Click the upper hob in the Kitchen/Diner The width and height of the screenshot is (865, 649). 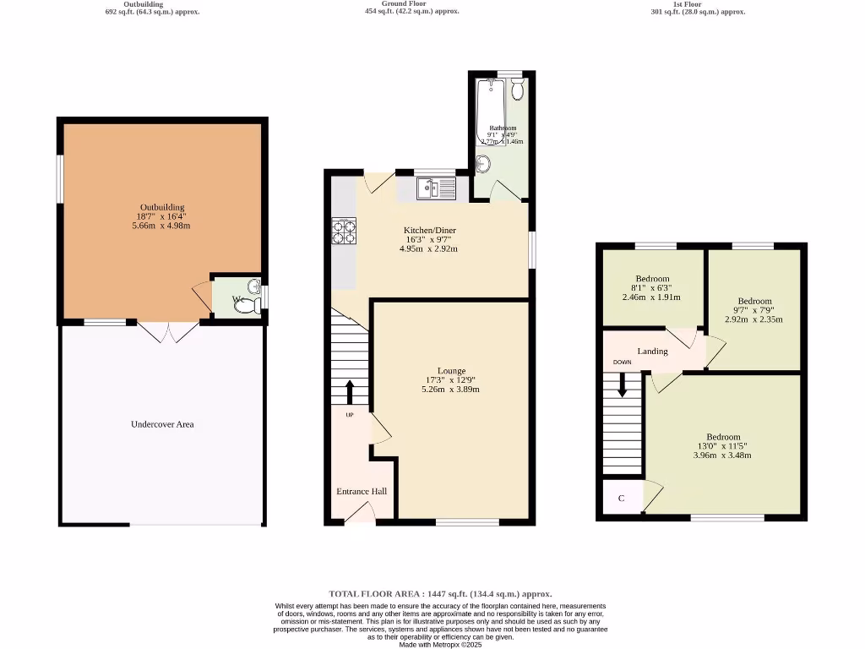click(344, 224)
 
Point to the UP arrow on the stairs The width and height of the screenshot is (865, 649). click(349, 393)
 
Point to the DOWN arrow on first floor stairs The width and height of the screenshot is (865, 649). click(623, 384)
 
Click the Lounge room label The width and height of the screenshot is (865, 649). click(452, 371)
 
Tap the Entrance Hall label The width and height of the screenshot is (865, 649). click(362, 491)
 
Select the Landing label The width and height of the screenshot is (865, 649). click(652, 351)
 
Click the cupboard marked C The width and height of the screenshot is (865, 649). click(621, 498)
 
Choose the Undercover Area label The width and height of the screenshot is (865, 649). click(162, 424)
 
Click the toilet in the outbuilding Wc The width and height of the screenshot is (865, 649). click(245, 307)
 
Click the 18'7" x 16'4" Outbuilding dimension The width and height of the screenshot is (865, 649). click(162, 217)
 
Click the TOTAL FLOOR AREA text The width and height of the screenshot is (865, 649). click(440, 594)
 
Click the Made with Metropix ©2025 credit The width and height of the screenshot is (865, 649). click(440, 644)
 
